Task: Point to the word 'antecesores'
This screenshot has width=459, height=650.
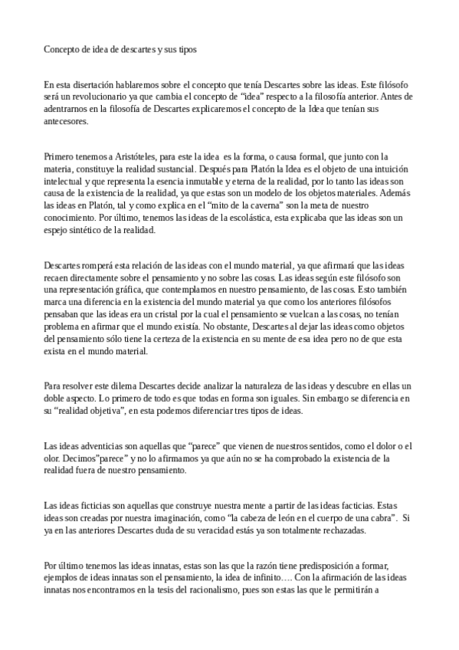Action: pos(66,120)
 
